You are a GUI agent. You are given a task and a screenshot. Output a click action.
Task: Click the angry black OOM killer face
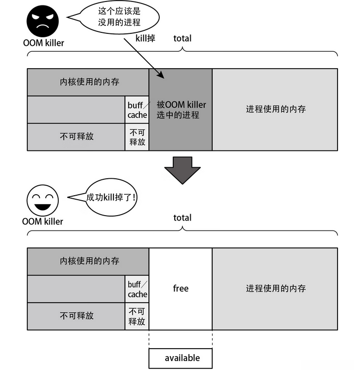point(42,20)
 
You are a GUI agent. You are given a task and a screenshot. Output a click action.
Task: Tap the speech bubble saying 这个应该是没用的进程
point(120,17)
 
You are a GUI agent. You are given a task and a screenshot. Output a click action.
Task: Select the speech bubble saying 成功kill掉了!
point(111,197)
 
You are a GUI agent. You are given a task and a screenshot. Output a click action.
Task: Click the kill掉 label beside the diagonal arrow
point(145,38)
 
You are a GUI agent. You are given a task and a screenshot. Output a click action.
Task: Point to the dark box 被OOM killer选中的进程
point(181,110)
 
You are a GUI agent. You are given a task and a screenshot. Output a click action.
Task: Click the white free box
point(181,288)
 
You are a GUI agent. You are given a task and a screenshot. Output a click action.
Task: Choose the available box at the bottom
point(181,358)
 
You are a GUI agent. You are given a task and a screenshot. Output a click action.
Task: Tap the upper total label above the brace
point(182,38)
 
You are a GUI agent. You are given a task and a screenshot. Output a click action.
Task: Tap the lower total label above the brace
point(182,218)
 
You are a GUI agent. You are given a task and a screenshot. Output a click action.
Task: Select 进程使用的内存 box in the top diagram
point(275,110)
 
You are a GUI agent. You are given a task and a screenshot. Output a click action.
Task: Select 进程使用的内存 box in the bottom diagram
point(275,288)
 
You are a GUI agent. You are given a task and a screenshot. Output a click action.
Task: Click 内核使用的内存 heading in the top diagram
point(88,82)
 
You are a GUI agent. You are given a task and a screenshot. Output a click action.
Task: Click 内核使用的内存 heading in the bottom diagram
point(88,261)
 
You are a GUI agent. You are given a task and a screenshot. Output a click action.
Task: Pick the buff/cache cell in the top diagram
point(137,110)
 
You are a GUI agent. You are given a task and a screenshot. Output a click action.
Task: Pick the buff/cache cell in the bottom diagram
point(137,289)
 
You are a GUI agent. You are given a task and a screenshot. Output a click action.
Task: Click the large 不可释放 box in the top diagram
point(76,137)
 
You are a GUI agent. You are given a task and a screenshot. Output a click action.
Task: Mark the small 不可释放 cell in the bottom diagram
point(137,316)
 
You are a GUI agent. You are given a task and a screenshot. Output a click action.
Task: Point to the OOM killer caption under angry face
point(43,42)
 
